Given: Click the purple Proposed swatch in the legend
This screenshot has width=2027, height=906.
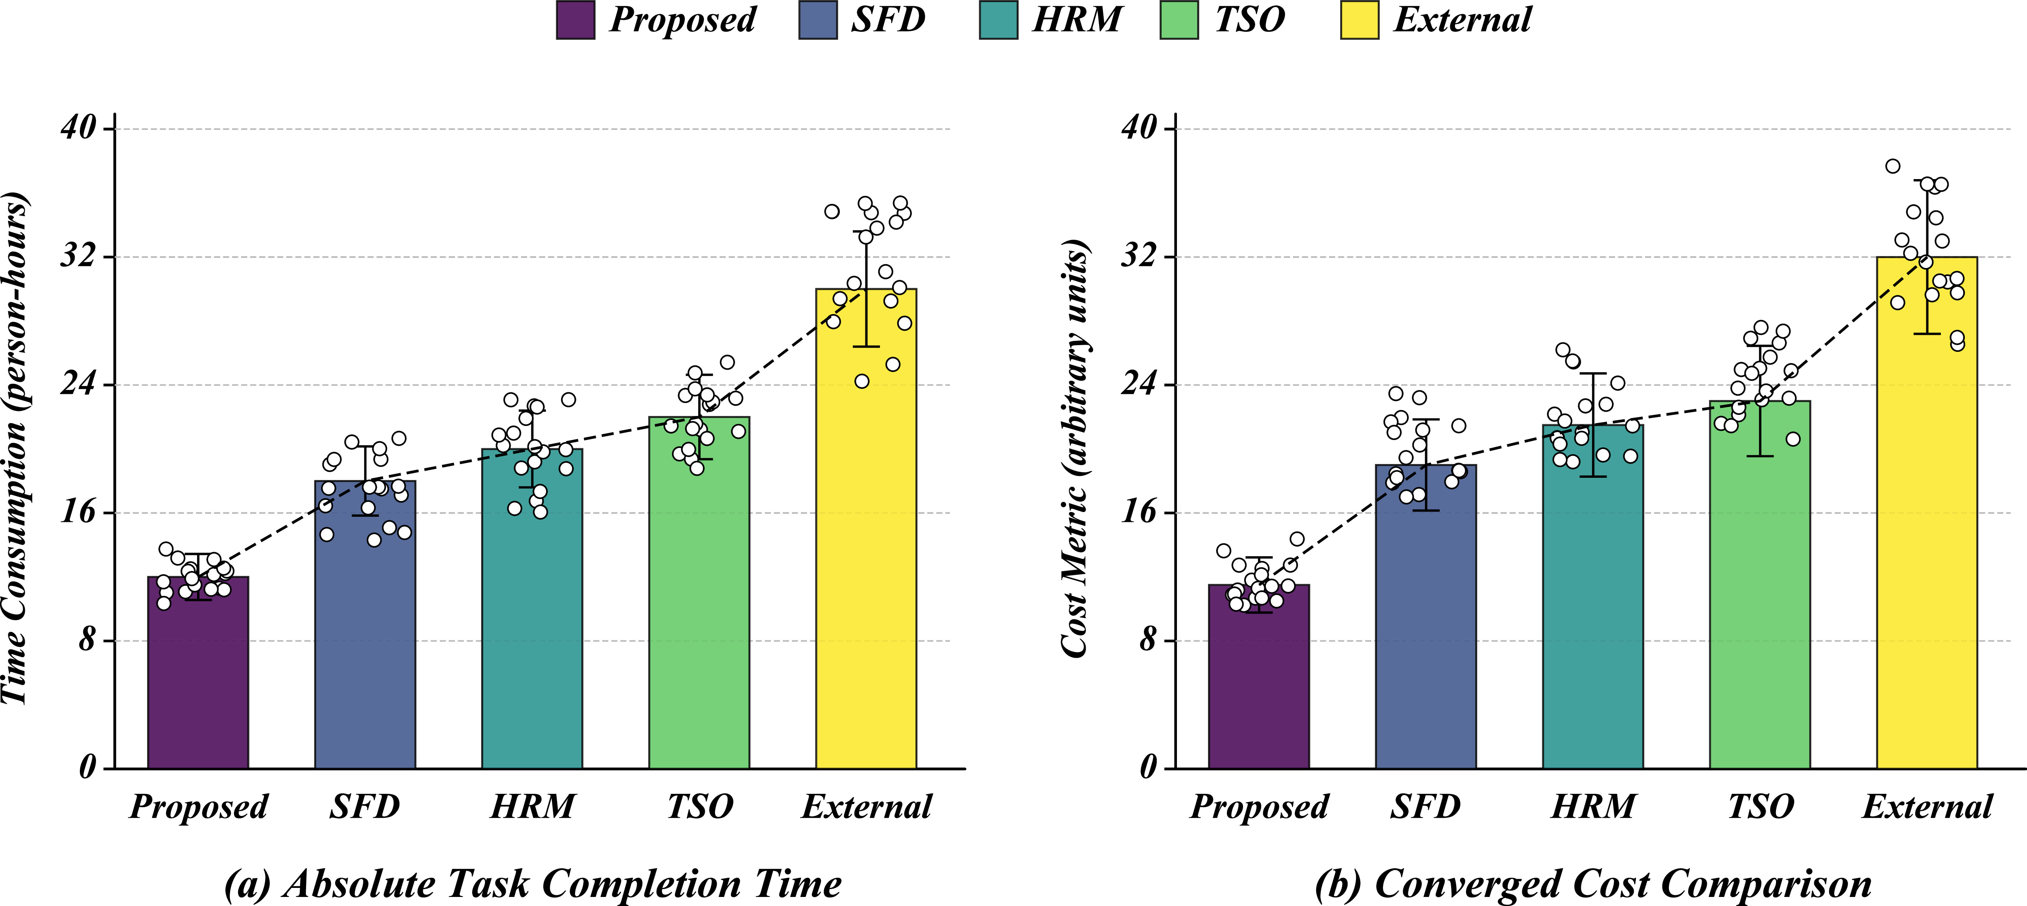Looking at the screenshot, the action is point(575,20).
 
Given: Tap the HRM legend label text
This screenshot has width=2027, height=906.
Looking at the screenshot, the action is point(1077,20).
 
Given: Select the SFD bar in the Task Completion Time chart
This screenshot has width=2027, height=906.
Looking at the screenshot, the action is point(365,624).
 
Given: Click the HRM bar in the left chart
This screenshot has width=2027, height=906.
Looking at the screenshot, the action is point(532,608).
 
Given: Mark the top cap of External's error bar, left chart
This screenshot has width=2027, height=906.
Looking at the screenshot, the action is point(865,231).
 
